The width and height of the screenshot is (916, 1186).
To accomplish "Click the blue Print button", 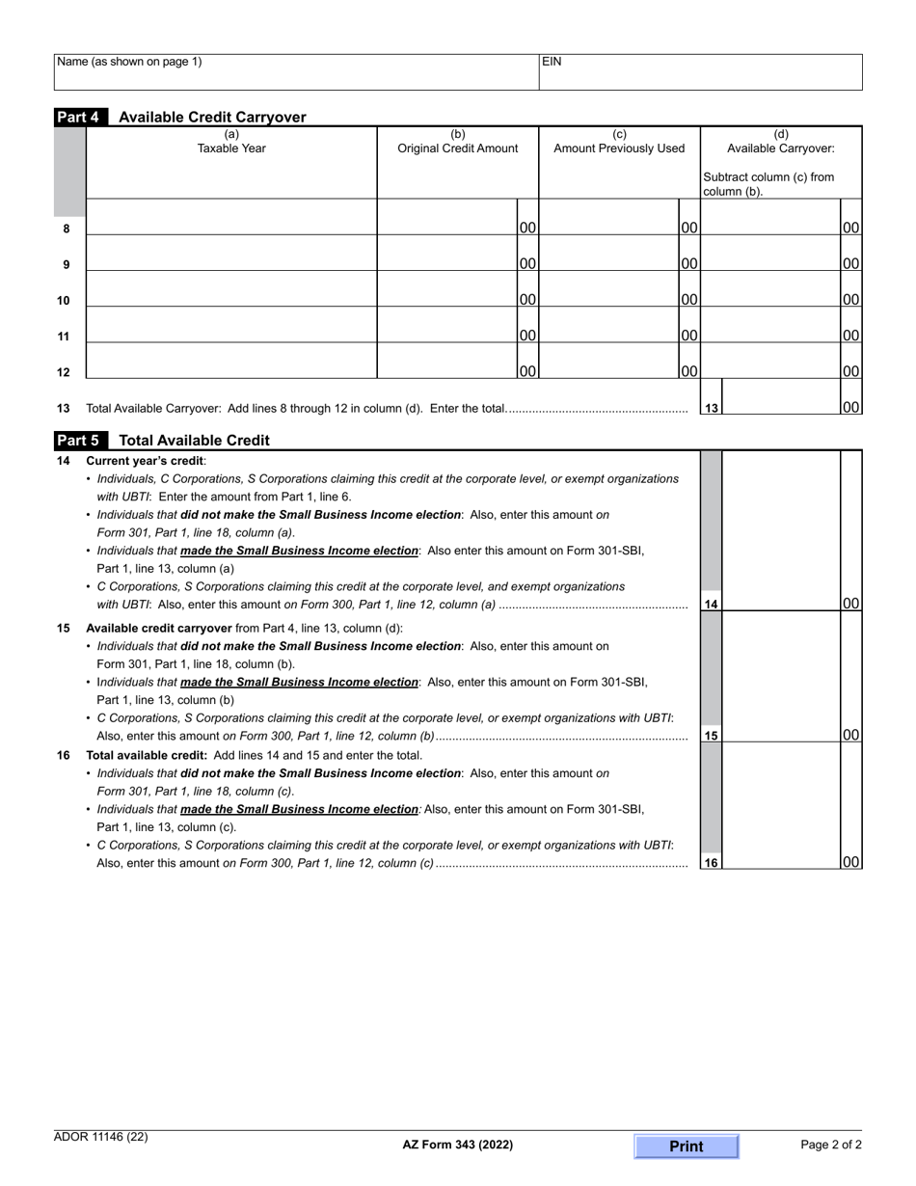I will [686, 1146].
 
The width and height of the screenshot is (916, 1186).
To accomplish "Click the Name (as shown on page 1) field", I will [296, 72].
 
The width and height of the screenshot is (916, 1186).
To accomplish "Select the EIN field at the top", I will [700, 72].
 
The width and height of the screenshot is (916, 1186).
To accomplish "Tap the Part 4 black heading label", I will [81, 117].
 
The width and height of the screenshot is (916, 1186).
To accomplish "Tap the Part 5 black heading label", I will [81, 440].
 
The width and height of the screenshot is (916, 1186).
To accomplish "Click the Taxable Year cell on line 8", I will [230, 218].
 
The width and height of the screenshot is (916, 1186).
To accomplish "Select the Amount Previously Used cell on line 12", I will [609, 362].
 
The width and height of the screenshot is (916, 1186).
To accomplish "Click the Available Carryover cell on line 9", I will [770, 254].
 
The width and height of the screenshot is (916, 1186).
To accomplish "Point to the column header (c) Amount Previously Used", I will [619, 142].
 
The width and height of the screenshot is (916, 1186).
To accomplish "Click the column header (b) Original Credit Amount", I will [458, 142].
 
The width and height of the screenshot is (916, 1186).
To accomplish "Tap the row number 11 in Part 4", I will [64, 337].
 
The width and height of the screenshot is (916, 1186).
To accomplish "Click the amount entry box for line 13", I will [780, 397].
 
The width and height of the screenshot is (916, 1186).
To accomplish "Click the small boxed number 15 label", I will [711, 736].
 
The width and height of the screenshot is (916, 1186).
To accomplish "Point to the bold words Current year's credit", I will [145, 461].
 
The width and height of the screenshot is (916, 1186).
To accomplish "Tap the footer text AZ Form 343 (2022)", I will [458, 1146].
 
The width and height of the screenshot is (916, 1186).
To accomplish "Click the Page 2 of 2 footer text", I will [831, 1145].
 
